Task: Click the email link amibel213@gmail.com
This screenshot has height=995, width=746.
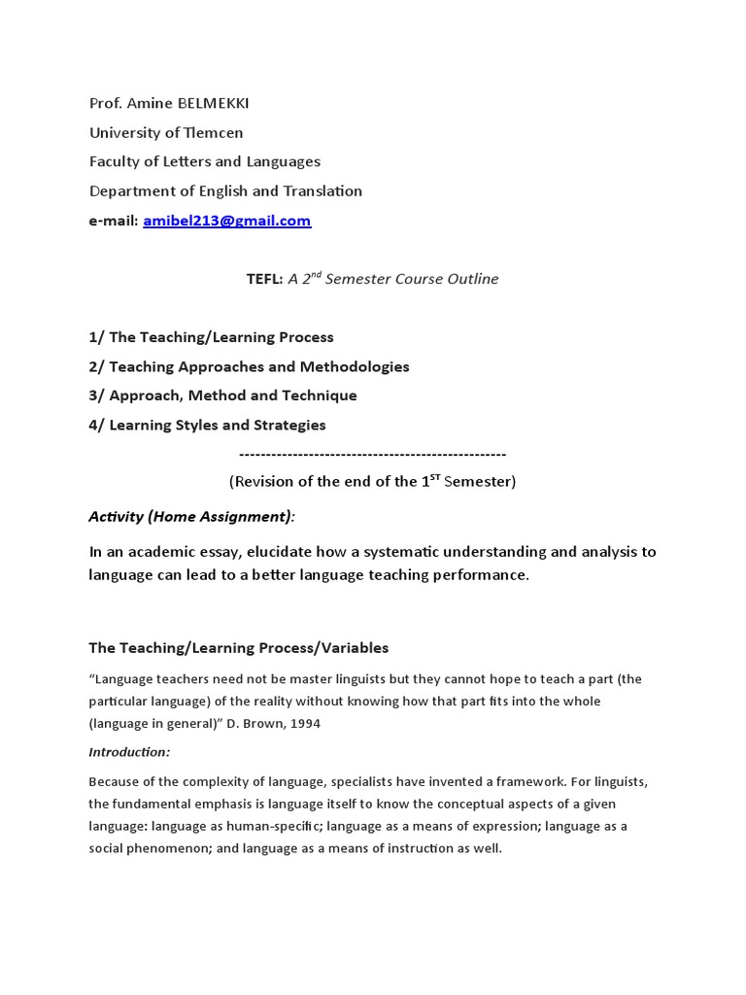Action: click(226, 221)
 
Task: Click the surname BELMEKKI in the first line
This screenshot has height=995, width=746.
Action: click(193, 104)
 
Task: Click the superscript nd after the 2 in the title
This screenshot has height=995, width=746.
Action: click(315, 275)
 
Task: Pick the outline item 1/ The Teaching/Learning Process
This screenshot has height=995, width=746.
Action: click(211, 337)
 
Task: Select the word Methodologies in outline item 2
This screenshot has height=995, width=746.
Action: click(354, 366)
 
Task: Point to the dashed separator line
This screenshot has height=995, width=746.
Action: click(372, 454)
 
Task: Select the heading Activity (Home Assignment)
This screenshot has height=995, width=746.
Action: click(190, 516)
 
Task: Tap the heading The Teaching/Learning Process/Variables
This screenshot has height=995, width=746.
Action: click(238, 648)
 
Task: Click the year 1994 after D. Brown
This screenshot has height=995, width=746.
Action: click(302, 723)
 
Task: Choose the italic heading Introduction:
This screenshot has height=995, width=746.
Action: click(129, 752)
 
